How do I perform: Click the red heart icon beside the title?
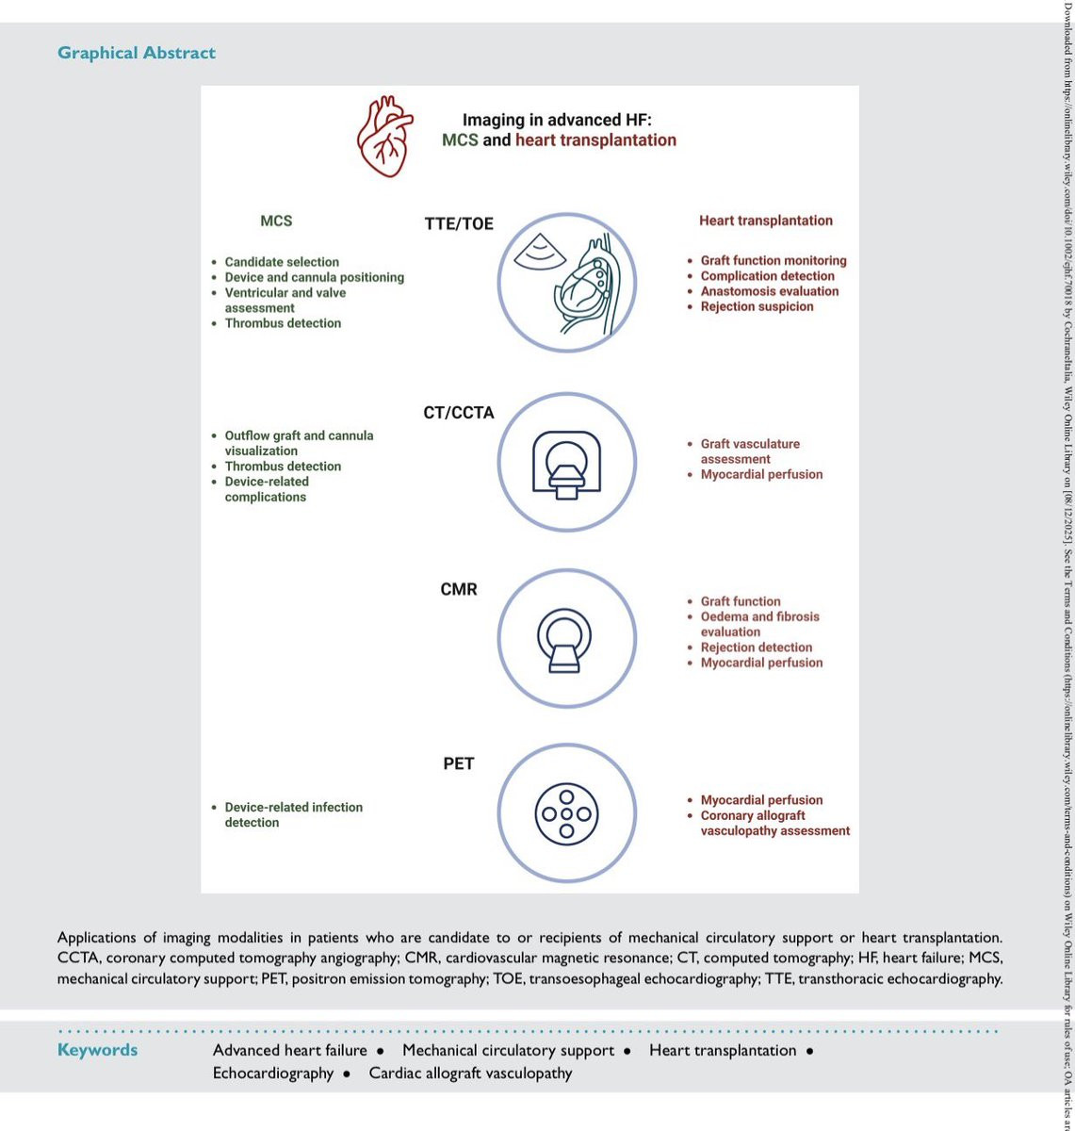click(x=385, y=139)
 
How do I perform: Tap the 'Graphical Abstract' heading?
click(x=137, y=53)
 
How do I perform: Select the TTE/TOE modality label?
click(x=459, y=224)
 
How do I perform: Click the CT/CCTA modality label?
click(x=459, y=413)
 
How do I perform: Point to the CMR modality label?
click(x=459, y=589)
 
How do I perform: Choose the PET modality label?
click(x=459, y=763)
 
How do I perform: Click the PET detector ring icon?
click(x=566, y=812)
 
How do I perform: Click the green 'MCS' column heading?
click(x=276, y=221)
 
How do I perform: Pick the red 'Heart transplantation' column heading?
click(x=765, y=221)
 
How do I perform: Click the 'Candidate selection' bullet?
click(x=282, y=262)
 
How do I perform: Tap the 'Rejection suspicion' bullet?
click(x=757, y=306)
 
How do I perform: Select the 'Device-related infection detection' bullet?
click(x=293, y=814)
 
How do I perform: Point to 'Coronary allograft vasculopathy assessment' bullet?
click(x=774, y=823)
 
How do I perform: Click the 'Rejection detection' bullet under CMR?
click(x=756, y=647)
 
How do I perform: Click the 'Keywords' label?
click(x=97, y=1050)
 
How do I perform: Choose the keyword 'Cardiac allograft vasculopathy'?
click(x=470, y=1073)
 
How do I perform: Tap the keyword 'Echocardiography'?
click(x=273, y=1073)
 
